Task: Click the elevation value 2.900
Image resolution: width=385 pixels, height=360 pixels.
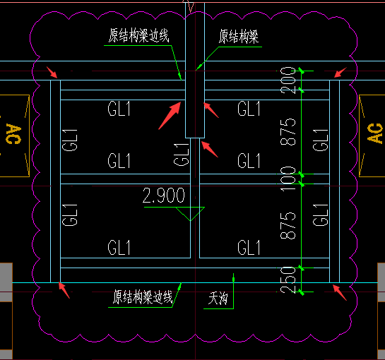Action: click(163, 196)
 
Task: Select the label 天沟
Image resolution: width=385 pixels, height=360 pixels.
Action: click(218, 299)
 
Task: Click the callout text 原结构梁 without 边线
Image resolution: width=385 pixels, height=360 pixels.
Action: click(239, 37)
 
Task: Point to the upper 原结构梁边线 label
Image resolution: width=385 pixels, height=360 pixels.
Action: click(139, 35)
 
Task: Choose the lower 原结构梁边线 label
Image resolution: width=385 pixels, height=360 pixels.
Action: click(143, 297)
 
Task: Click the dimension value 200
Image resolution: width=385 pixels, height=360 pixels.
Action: click(288, 80)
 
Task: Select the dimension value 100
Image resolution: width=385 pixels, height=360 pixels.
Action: click(288, 179)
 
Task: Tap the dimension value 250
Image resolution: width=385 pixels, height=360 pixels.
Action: click(288, 280)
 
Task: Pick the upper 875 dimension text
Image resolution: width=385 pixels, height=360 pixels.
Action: click(288, 132)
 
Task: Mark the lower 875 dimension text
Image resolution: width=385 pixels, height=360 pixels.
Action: click(288, 226)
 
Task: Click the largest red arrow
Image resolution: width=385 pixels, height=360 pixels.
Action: click(170, 116)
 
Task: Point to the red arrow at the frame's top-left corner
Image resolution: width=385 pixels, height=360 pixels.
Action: click(52, 73)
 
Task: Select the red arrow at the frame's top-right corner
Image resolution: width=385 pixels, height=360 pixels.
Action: click(340, 73)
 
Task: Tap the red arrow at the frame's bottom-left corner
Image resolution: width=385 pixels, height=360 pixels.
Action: click(64, 290)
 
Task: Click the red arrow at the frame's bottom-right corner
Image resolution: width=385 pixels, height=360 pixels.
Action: click(340, 292)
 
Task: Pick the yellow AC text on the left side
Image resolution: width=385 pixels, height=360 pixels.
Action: click(13, 134)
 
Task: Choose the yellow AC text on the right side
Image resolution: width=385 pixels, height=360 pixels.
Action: click(374, 133)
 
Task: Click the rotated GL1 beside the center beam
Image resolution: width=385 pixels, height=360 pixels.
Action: click(182, 155)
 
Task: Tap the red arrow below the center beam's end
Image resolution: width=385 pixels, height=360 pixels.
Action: click(209, 149)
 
